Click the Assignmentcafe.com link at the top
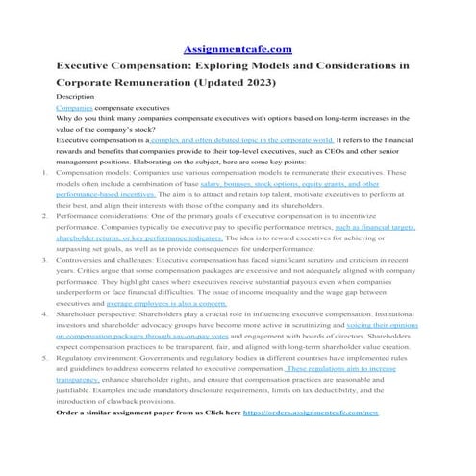pos(237,49)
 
